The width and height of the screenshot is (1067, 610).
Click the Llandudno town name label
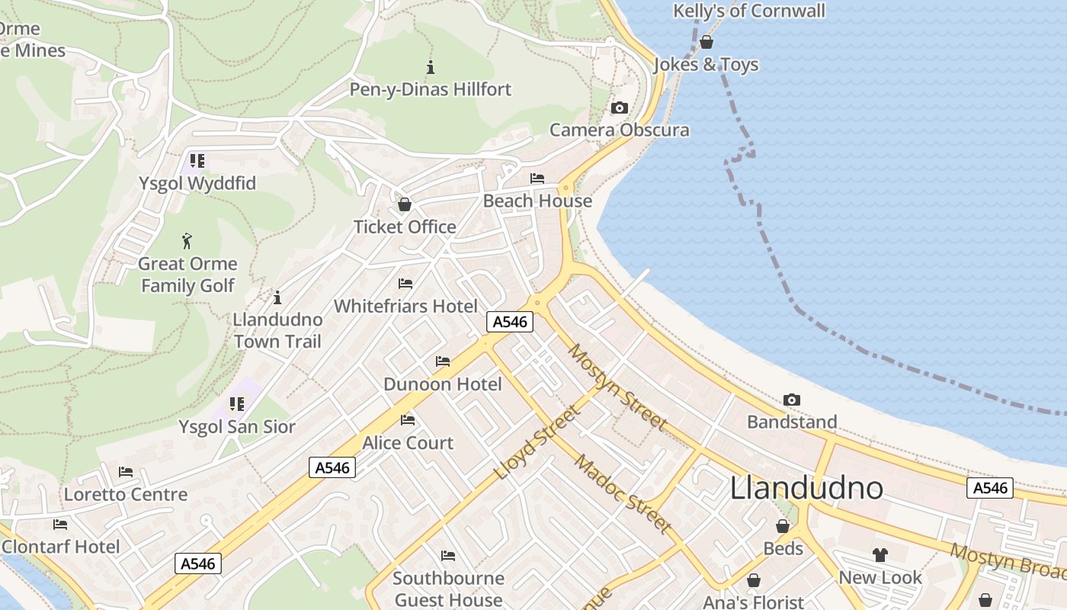pos(806,488)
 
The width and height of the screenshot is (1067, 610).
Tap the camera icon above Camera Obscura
pos(620,108)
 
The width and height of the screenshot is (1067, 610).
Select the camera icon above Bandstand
pos(792,400)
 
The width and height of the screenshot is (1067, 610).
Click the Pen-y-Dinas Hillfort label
pos(431,89)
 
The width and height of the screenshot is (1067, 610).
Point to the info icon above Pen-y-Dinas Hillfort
pos(431,67)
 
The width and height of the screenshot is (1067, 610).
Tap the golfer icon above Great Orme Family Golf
pos(187,242)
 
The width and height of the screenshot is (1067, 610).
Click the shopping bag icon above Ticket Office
pos(405,205)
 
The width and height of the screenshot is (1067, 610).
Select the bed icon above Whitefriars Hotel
pos(405,284)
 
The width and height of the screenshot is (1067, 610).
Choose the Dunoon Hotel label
pos(443,384)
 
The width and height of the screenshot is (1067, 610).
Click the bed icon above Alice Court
pos(408,420)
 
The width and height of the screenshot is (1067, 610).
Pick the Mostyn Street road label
pos(617,387)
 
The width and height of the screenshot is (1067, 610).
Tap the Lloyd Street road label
pos(537,442)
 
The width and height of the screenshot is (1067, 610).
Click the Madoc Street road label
pos(623,493)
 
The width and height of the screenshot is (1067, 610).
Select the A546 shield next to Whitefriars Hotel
pos(510,322)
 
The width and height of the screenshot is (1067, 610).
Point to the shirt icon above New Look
pos(880,555)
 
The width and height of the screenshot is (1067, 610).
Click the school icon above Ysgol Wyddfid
pos(197,161)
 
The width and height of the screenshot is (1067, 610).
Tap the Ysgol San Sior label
pos(237,426)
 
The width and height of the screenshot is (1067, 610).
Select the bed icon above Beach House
pos(537,178)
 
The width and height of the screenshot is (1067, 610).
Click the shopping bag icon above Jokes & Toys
pos(707,42)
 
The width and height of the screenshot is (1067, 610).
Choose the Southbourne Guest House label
pos(448,589)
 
